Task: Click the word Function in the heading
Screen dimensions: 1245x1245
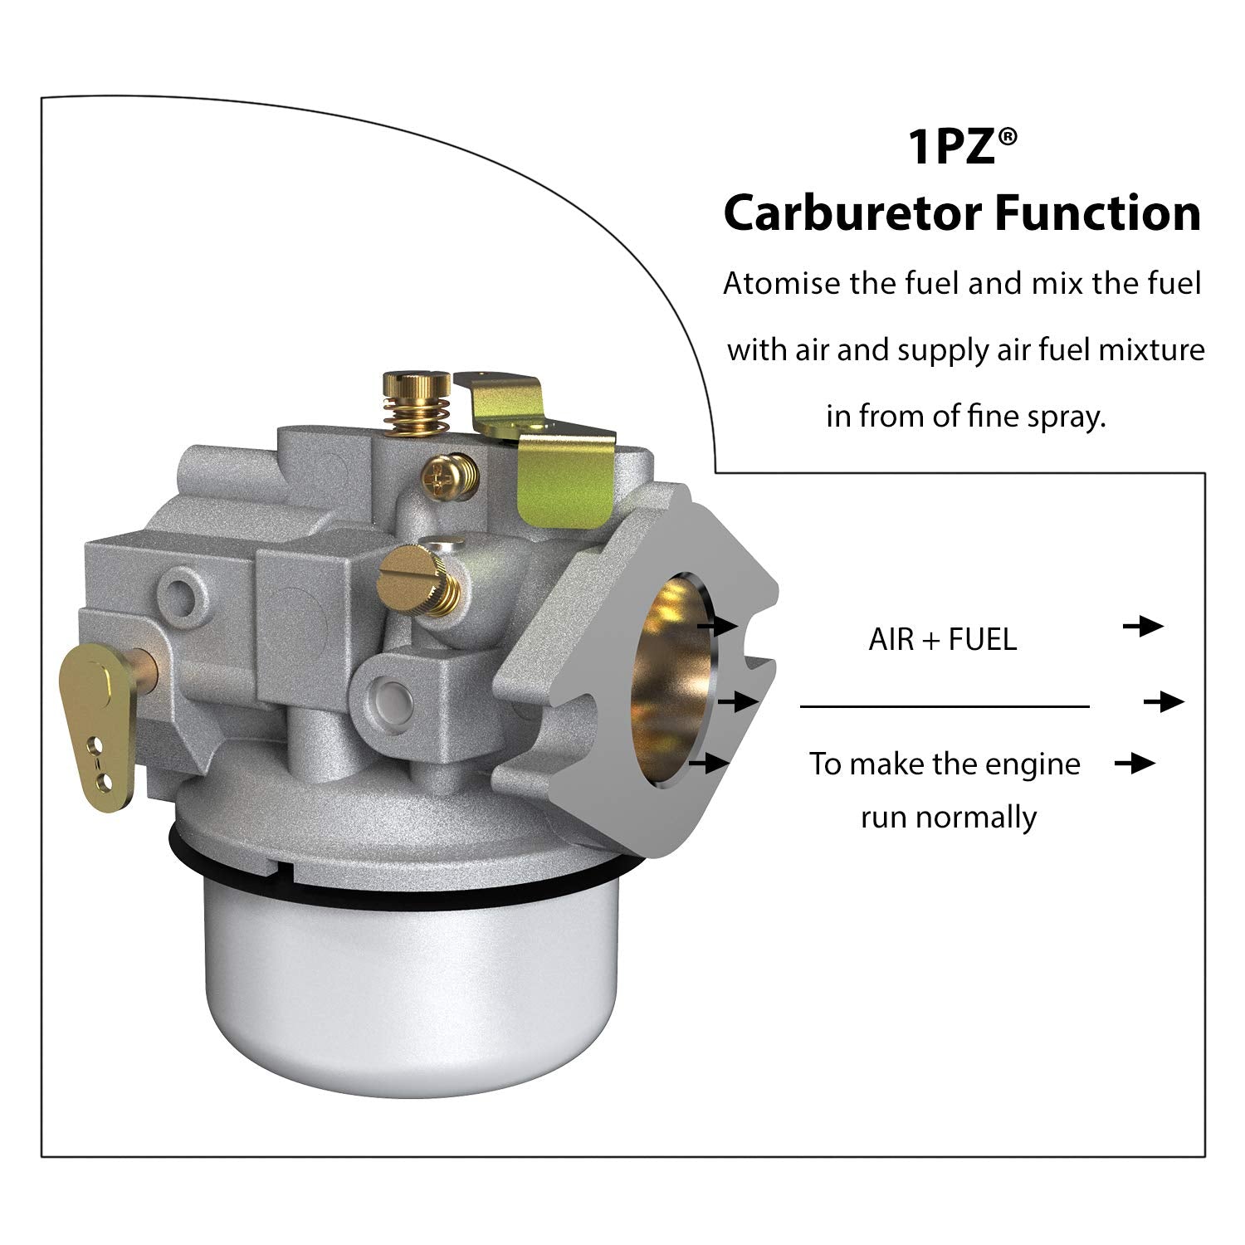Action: point(1098,213)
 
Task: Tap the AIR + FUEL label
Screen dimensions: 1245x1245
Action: point(942,640)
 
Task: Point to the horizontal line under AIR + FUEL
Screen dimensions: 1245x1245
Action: point(944,707)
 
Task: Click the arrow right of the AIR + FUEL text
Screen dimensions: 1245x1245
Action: point(1144,627)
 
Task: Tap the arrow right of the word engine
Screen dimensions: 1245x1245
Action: point(1135,763)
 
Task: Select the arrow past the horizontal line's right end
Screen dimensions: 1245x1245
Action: point(1164,702)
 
